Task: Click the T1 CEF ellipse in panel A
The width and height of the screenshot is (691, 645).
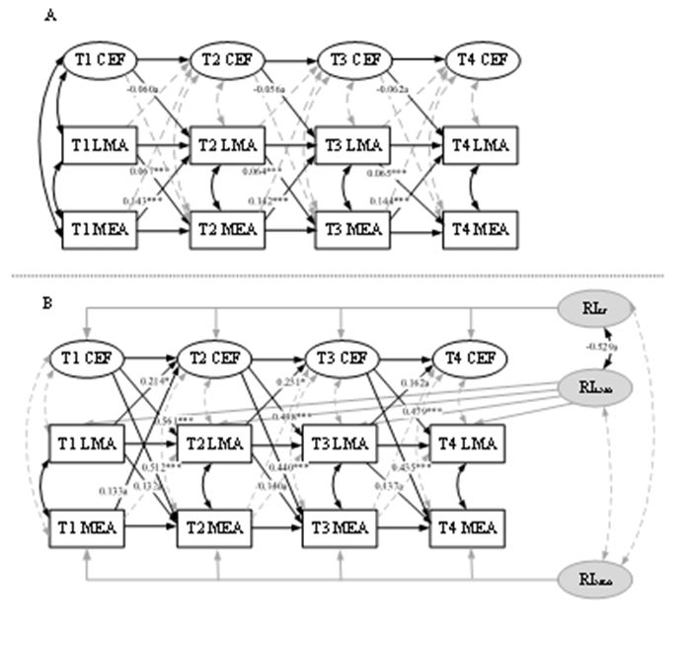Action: click(x=102, y=60)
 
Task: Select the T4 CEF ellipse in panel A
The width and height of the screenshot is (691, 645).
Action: click(x=482, y=60)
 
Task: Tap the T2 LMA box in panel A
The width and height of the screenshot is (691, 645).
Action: click(x=227, y=146)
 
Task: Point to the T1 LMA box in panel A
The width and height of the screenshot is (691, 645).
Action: click(x=101, y=146)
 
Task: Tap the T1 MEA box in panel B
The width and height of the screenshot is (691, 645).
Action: click(x=87, y=525)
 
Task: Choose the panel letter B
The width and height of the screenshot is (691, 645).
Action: click(x=48, y=302)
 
